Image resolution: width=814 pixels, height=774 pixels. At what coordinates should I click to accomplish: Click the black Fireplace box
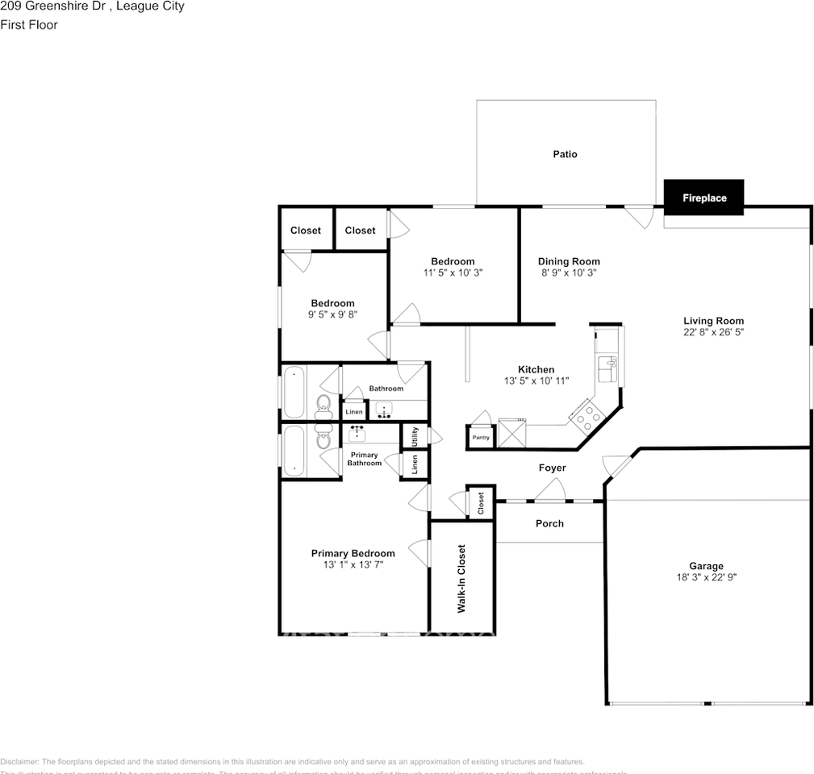point(703,198)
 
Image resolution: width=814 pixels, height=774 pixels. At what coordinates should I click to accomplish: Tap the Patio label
point(565,154)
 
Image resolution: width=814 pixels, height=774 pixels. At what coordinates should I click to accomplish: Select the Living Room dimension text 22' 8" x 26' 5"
point(713,331)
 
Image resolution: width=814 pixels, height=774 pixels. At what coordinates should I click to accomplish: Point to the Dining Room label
point(569,261)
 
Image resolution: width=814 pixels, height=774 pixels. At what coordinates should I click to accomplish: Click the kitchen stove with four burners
point(586,415)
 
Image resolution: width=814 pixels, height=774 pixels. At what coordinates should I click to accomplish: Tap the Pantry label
point(481,438)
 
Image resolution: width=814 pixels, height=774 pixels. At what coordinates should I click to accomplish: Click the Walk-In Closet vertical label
point(462,578)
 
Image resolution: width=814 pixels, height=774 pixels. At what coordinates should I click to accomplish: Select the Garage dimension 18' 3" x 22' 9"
point(706,577)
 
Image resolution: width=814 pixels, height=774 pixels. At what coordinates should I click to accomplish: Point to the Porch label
point(549,523)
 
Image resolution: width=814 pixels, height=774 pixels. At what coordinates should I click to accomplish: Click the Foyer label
point(552,468)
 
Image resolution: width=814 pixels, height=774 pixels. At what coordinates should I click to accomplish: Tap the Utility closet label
point(415,436)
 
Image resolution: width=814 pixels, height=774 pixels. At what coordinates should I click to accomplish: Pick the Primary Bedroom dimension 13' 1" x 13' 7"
point(353,564)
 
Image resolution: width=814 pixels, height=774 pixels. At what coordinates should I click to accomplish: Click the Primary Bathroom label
point(364,459)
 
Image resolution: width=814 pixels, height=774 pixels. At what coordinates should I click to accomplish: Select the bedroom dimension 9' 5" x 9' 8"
point(332,314)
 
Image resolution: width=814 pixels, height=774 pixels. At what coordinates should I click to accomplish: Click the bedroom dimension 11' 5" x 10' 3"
point(453,273)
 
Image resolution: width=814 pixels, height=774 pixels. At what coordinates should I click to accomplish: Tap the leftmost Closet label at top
point(306,231)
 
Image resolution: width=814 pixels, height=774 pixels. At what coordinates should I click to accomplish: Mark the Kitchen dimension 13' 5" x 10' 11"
point(536,381)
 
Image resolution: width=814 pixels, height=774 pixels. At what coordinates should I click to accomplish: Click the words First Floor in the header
point(29,25)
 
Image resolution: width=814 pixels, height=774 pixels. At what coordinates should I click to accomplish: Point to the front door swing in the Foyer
point(552,489)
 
